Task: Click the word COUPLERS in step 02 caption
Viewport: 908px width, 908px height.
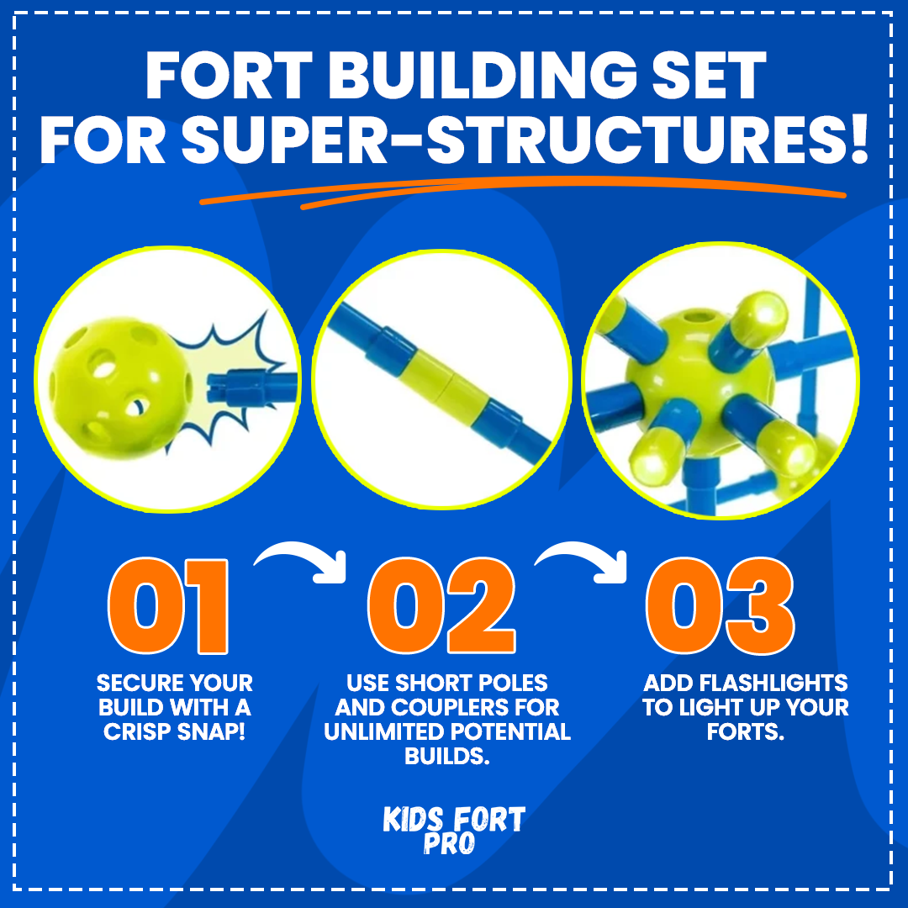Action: pos(488,707)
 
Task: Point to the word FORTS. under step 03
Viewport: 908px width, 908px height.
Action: pos(746,731)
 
